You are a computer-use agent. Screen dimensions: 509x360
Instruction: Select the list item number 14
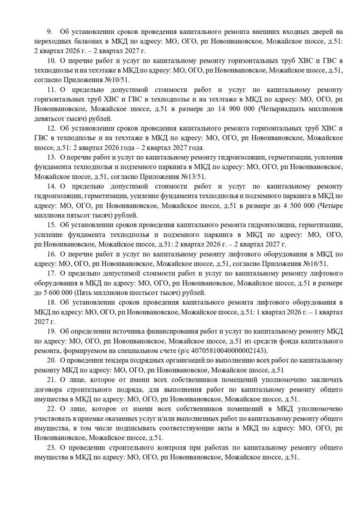[x=51, y=186]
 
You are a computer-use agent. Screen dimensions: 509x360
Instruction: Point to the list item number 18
[x=51, y=302]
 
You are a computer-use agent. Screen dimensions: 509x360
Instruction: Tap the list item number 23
[x=51, y=448]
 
